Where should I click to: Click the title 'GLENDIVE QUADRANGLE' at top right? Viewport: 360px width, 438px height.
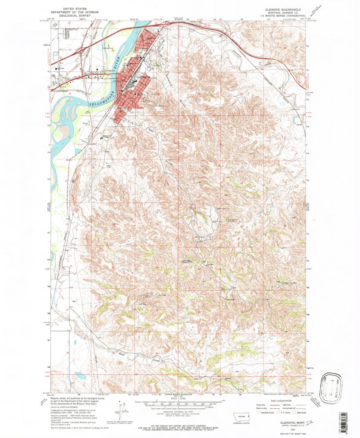pos(280,9)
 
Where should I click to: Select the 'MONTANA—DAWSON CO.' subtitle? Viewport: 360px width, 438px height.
pos(280,12)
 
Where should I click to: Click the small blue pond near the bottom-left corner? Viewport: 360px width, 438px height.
pos(80,376)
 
